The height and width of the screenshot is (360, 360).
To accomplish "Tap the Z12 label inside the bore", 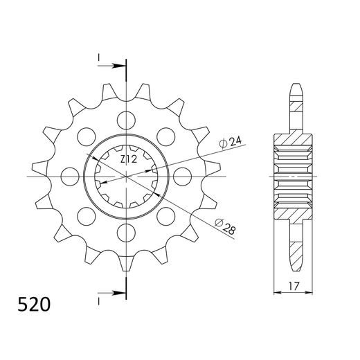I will [128, 160].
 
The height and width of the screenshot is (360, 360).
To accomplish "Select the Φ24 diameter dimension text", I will [231, 143].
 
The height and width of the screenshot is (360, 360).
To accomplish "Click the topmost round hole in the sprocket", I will [127, 118].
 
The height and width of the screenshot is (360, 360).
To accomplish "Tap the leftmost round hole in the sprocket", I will [71, 174].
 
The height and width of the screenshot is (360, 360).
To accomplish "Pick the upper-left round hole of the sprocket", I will [87, 134].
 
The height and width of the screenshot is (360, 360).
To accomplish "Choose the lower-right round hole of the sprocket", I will [166, 215].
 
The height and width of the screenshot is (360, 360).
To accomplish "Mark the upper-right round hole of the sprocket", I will [166, 134].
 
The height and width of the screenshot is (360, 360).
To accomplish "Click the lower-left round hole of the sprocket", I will [87, 215].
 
